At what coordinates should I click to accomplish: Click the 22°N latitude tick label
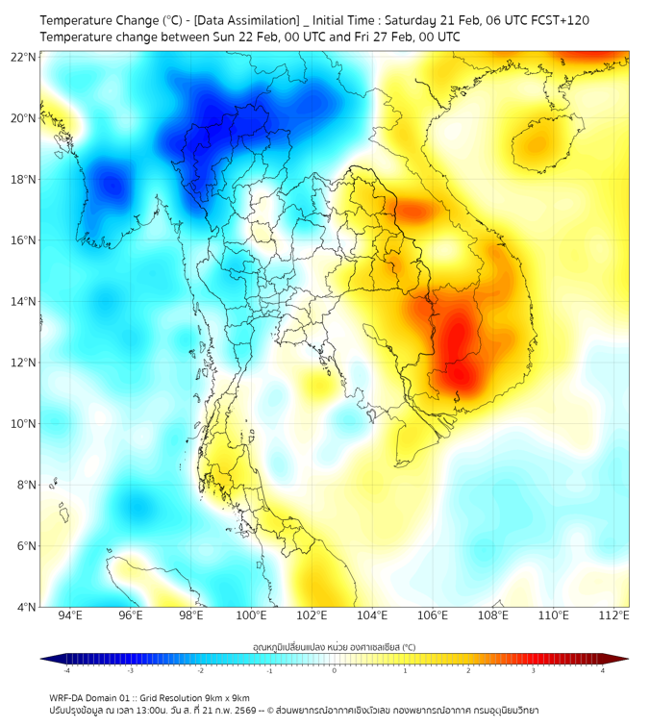click(x=25, y=57)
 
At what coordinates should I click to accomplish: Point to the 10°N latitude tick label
click(x=25, y=424)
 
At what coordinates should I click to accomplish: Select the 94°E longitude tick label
click(x=70, y=615)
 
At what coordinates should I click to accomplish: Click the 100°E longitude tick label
click(x=251, y=615)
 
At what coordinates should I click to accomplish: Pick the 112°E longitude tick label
click(x=612, y=615)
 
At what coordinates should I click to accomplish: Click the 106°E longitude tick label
click(x=432, y=615)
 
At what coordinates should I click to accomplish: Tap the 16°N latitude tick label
click(x=25, y=240)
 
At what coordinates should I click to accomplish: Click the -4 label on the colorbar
click(x=65, y=670)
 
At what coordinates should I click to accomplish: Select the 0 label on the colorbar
click(x=335, y=670)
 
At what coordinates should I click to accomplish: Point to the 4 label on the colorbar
click(x=603, y=670)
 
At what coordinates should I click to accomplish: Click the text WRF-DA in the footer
click(x=66, y=697)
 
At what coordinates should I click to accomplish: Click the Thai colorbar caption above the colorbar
click(x=334, y=646)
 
